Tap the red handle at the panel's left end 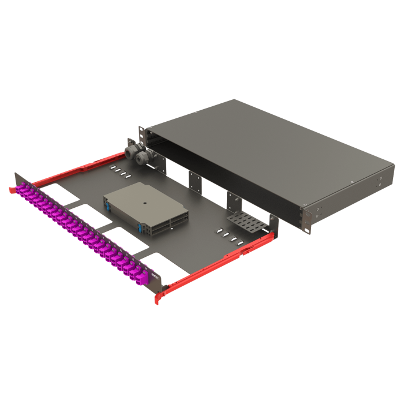coord(12,190)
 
